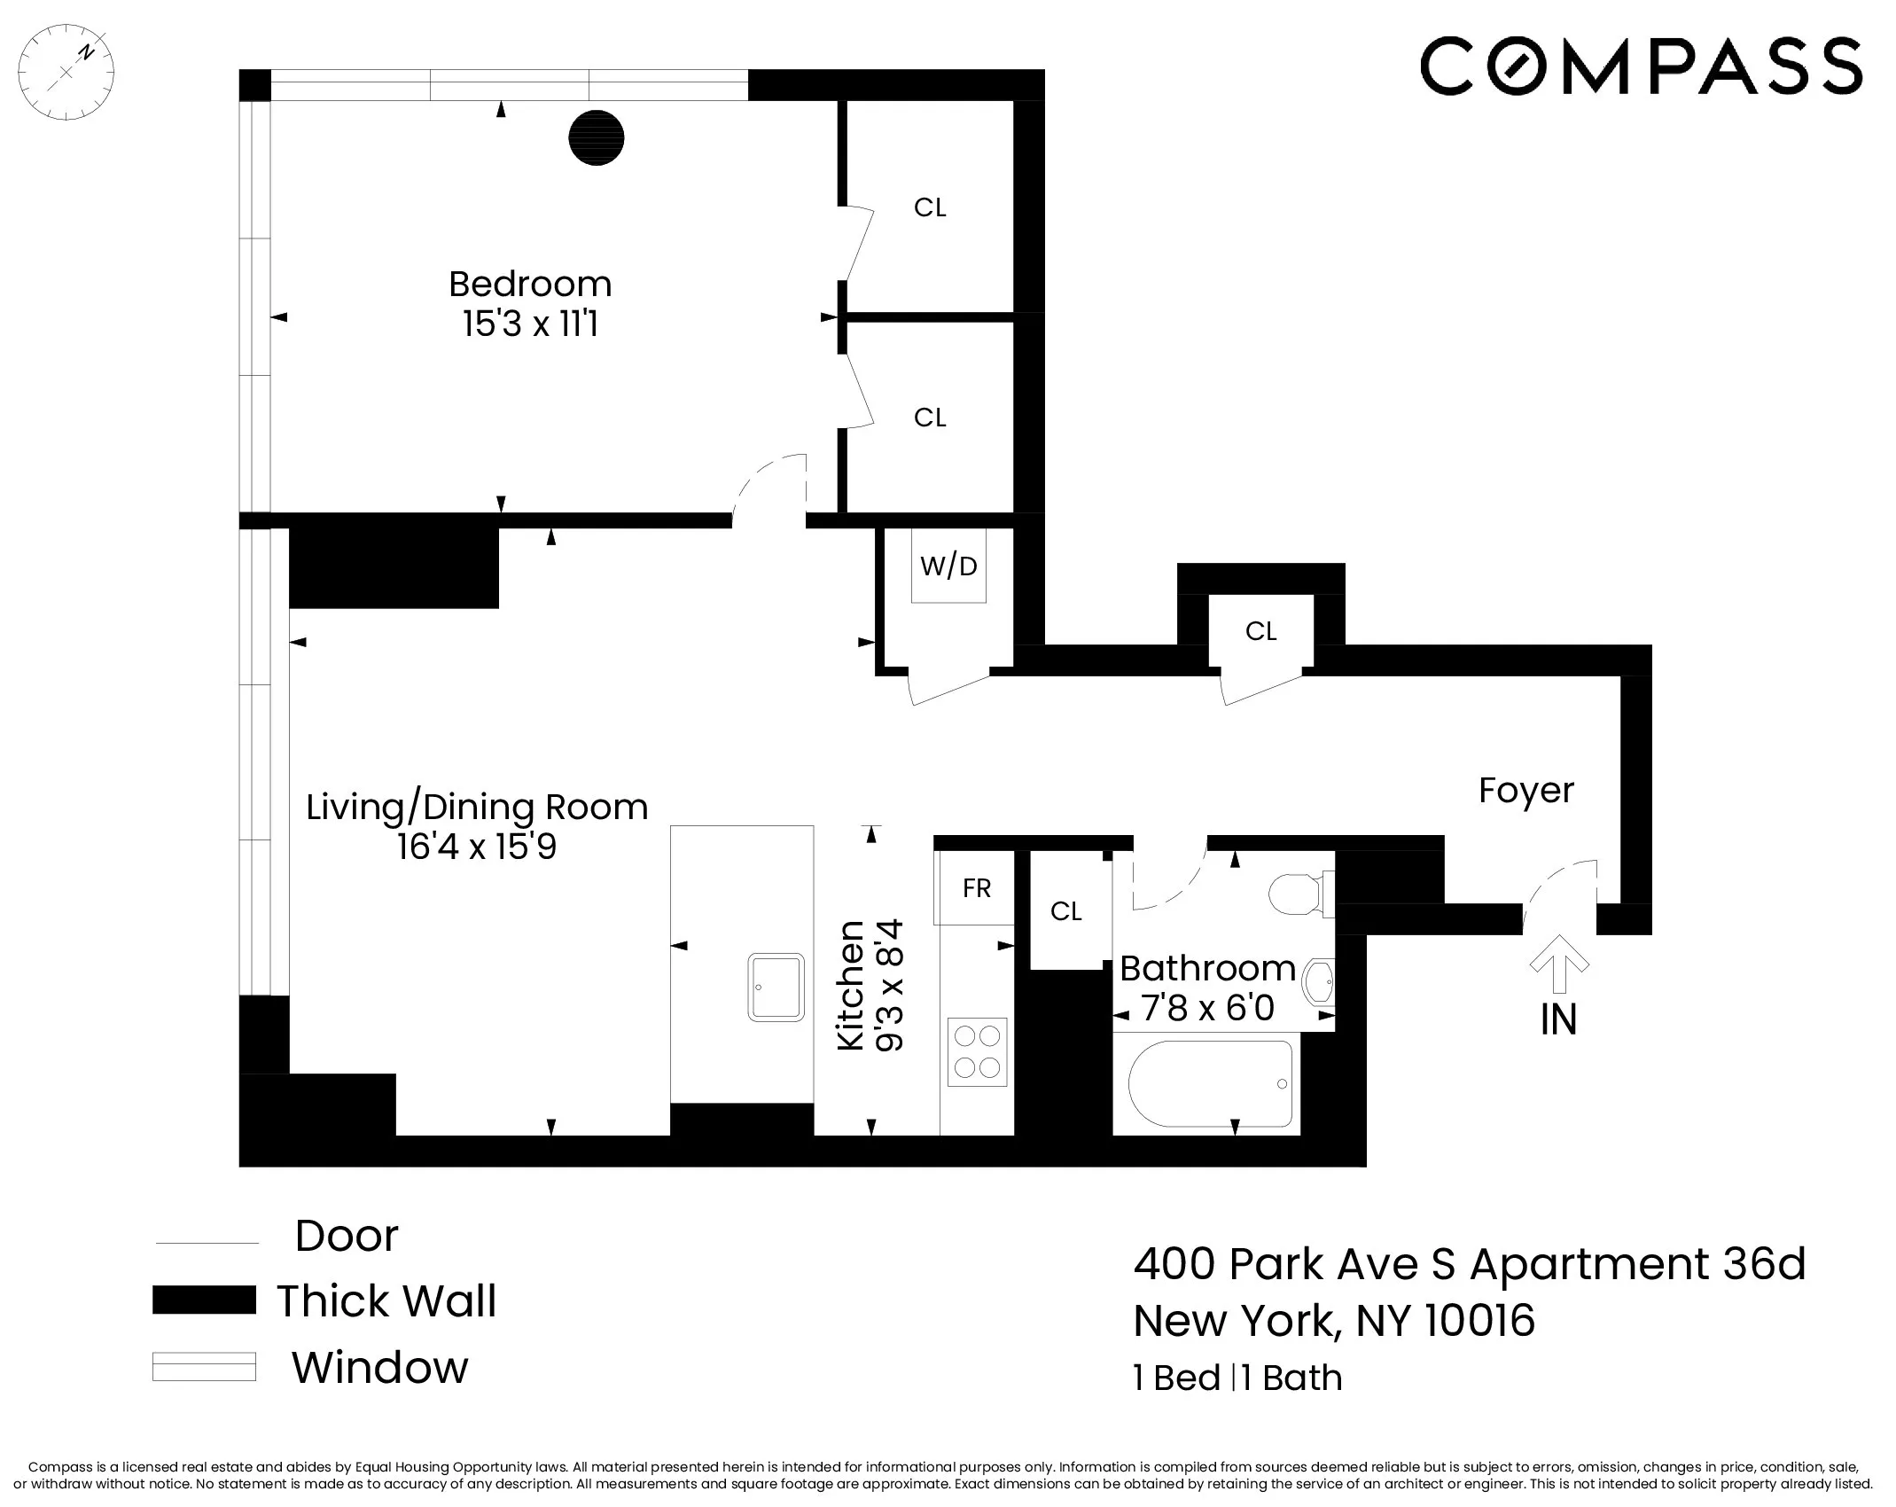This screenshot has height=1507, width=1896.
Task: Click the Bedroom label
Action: click(530, 285)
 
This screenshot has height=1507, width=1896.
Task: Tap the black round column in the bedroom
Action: click(596, 137)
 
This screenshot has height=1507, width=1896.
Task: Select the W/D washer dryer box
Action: click(948, 566)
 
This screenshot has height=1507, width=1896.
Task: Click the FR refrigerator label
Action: click(976, 888)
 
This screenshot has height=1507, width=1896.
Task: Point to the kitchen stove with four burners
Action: click(977, 1051)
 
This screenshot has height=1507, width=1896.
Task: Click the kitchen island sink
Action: click(776, 987)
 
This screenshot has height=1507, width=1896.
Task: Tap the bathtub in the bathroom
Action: click(1210, 1084)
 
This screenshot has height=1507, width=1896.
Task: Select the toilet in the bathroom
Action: click(1298, 894)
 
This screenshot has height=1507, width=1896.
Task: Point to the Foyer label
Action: click(1525, 791)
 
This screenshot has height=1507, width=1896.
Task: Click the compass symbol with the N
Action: click(66, 72)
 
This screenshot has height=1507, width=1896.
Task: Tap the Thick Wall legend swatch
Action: click(204, 1300)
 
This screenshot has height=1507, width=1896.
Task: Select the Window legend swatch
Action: click(204, 1366)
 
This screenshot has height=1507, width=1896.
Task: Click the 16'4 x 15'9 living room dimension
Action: click(477, 847)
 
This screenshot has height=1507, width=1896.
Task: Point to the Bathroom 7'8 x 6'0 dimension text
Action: click(1207, 1008)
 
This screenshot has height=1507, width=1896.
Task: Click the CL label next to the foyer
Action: click(1260, 631)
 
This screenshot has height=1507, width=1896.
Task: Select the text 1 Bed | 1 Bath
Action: click(1237, 1378)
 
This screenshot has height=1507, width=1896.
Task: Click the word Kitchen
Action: click(851, 985)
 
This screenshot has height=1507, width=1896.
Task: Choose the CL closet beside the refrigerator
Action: click(1065, 911)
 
